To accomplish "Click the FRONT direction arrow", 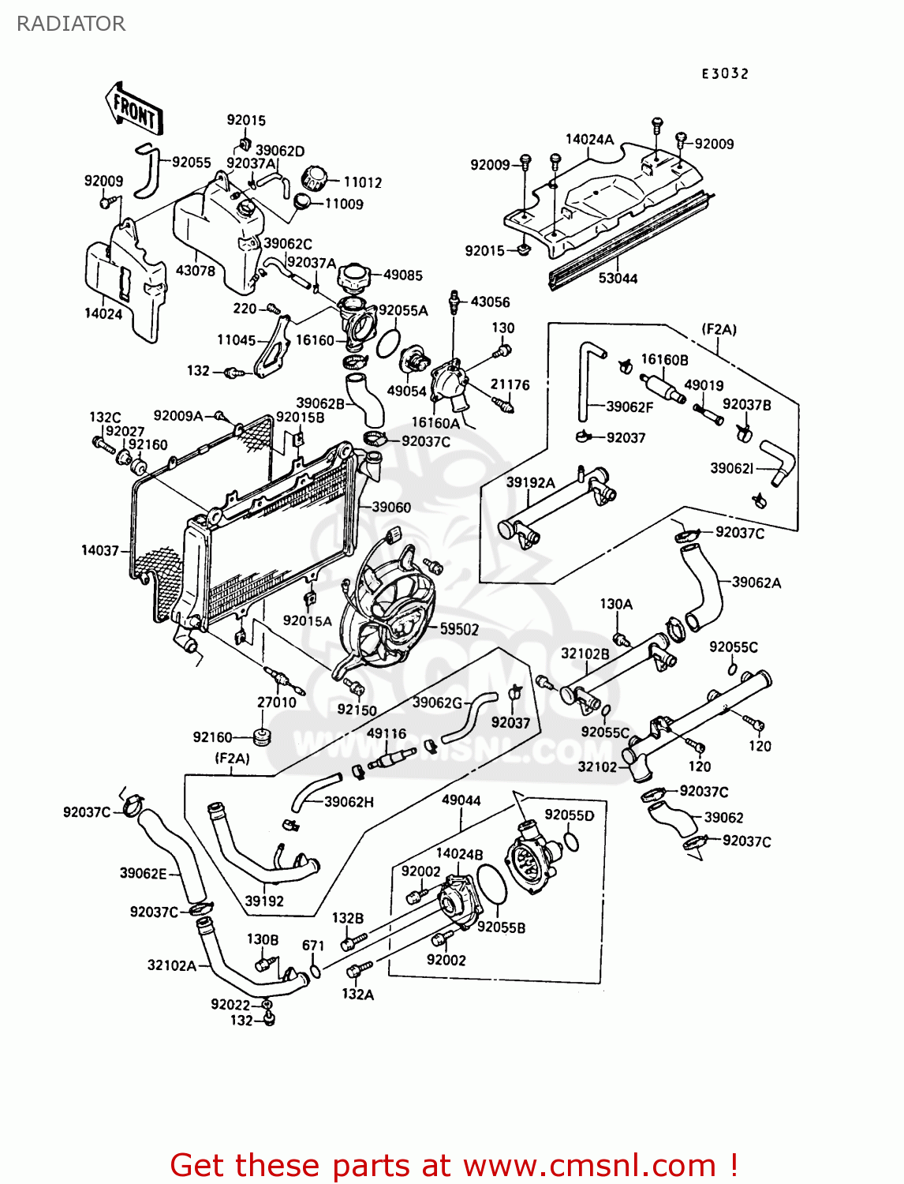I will click(x=133, y=109).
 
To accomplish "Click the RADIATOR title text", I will click(x=70, y=24).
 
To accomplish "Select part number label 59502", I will click(x=459, y=629).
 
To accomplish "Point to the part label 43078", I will click(x=195, y=271).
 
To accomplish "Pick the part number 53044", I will click(x=618, y=279).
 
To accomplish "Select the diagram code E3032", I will click(x=725, y=73).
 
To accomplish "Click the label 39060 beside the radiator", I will click(x=391, y=507).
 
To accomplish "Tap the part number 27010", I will click(x=277, y=702).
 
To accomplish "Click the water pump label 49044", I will click(x=461, y=800).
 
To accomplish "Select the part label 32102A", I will click(x=171, y=965).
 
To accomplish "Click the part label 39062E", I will click(x=143, y=873).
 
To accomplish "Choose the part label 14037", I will click(x=100, y=550).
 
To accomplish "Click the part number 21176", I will click(x=510, y=384).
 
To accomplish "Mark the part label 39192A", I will click(x=530, y=482).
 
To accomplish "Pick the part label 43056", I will click(x=490, y=302).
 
